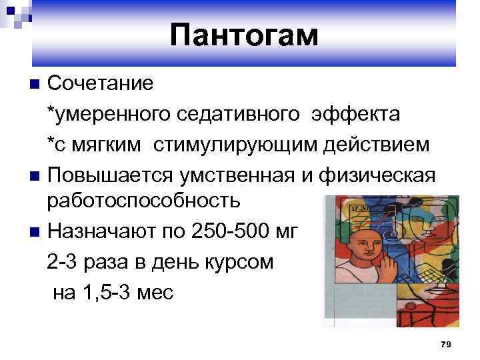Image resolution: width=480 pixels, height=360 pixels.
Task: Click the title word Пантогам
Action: [x=244, y=35]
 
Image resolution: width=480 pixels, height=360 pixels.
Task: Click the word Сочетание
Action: [x=100, y=84]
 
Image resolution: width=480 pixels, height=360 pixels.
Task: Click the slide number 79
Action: [x=446, y=343]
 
